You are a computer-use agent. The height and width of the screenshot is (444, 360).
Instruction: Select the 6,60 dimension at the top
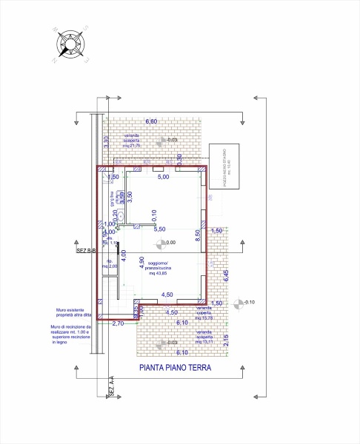151,121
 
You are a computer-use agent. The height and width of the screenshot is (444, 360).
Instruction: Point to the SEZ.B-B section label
86,252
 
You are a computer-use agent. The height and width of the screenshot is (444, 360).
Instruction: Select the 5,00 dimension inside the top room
164,178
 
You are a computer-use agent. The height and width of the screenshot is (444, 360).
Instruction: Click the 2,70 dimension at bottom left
117,323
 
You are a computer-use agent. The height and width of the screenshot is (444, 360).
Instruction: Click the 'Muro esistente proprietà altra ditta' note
71,313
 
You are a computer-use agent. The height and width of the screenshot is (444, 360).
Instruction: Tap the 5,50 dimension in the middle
159,229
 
